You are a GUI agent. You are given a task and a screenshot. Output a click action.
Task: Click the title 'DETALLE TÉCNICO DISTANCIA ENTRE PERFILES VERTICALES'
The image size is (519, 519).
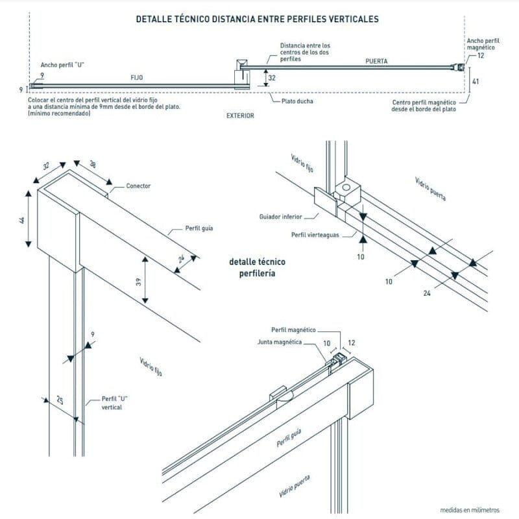(x=258, y=19)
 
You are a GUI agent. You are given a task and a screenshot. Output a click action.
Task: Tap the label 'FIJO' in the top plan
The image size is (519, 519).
(x=136, y=77)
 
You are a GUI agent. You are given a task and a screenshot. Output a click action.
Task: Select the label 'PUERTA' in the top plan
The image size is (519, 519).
(x=376, y=61)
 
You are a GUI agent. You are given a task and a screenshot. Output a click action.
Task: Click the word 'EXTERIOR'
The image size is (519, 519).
(x=240, y=115)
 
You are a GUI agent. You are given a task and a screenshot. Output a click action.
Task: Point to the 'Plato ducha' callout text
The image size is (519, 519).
(x=297, y=101)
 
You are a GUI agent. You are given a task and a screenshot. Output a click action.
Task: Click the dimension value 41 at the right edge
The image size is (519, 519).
(x=476, y=82)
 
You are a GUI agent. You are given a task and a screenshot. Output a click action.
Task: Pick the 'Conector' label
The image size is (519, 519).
(x=138, y=186)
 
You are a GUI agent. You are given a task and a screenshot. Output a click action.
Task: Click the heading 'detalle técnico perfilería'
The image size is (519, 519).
(x=258, y=268)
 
